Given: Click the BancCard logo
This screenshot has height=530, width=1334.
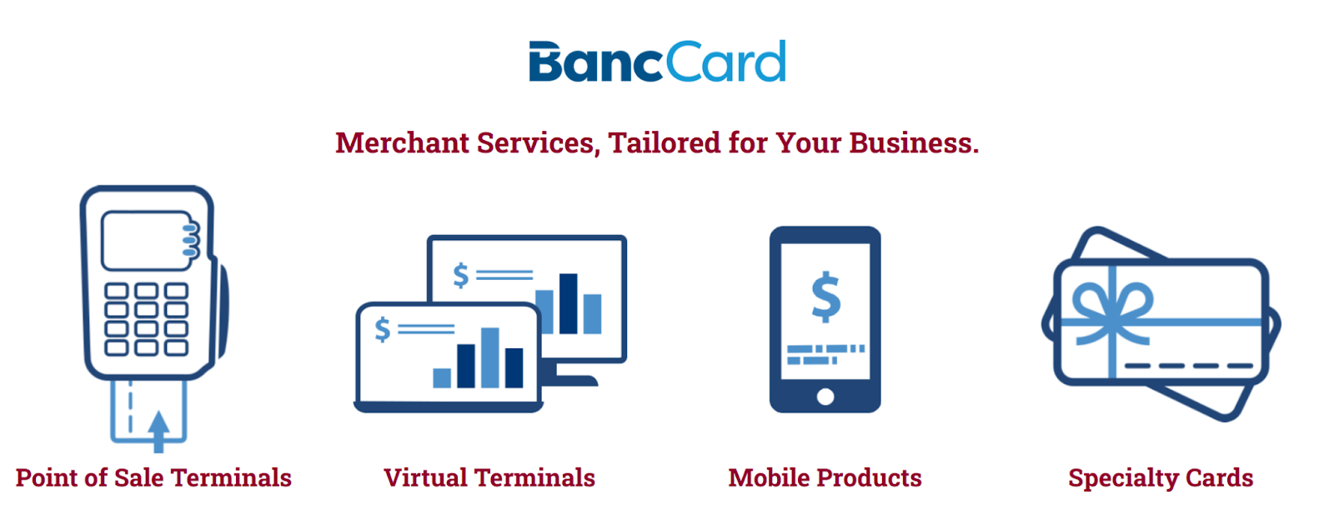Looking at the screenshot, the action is pos(658,62).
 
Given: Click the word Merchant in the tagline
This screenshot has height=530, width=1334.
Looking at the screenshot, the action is pos(403,143).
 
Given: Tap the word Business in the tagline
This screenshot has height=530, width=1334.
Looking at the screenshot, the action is pos(914,143).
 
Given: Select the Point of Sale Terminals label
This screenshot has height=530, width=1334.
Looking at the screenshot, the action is pos(153,478).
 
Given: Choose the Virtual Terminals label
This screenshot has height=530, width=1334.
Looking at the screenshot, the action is pos(489,478).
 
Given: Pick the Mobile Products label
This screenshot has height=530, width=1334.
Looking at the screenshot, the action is pos(825,478).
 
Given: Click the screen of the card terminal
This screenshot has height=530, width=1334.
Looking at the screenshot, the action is pos(146,241).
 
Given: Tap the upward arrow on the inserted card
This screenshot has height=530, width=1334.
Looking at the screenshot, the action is pos(159,431).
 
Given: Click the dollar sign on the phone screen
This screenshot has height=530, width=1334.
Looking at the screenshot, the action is pos(826,297).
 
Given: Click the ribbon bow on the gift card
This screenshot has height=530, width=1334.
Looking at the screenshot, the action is pos(1112,311).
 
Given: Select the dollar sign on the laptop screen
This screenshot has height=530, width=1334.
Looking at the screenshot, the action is pos(383,329).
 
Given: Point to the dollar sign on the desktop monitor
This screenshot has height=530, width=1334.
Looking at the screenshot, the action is pos(460,276).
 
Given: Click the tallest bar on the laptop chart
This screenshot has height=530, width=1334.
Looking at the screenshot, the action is pos(490,357).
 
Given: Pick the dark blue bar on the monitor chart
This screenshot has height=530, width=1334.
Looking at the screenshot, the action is pos(568,303).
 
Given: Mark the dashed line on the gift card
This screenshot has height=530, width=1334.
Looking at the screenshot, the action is pos(1189,366).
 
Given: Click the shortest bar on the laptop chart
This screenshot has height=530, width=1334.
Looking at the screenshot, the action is pos(442,378).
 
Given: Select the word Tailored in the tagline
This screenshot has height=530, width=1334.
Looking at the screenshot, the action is pos(664,143).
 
